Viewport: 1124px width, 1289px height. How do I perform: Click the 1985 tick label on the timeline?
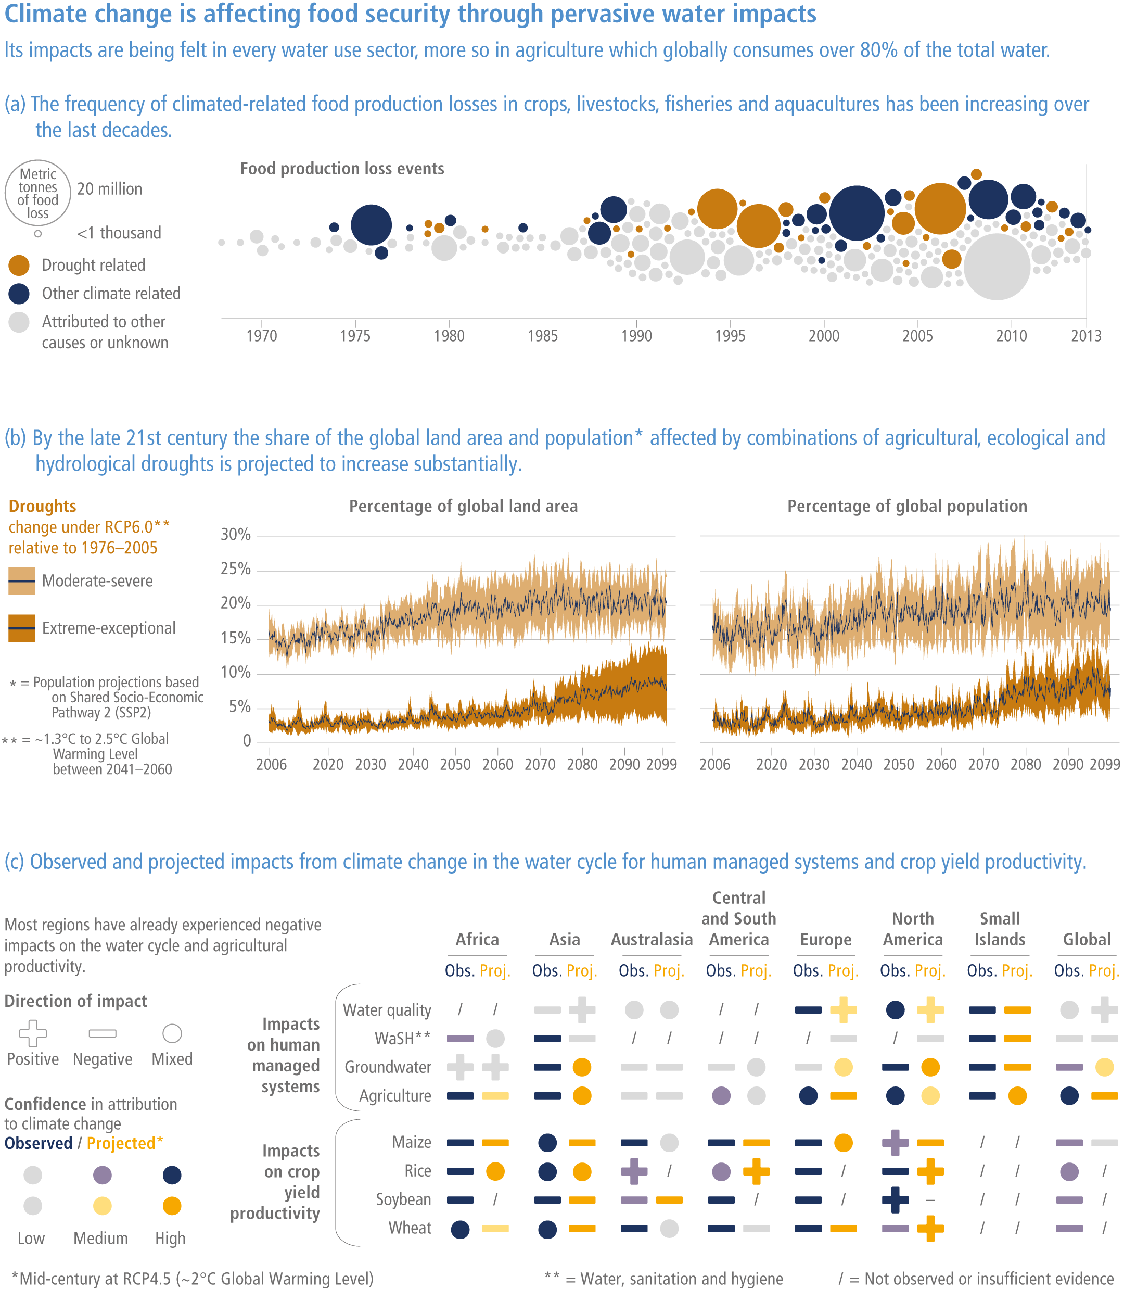tap(543, 336)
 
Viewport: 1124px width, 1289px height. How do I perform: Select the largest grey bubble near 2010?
tap(997, 267)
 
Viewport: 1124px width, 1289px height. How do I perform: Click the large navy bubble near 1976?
tap(372, 225)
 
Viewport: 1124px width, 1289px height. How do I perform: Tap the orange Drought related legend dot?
tap(19, 266)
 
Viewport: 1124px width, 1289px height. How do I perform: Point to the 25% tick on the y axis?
tap(236, 569)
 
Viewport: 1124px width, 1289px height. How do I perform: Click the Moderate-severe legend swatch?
tap(21, 581)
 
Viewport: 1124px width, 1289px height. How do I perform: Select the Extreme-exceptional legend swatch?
tap(21, 628)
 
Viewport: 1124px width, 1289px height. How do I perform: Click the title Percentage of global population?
tap(907, 507)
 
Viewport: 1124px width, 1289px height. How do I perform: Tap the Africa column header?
tap(477, 940)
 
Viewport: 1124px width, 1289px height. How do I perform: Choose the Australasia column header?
tap(652, 940)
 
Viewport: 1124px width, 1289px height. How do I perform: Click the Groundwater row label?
tap(388, 1067)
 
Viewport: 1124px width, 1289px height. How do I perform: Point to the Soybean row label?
tap(403, 1199)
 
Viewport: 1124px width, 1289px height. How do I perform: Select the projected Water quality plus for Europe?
tap(843, 1010)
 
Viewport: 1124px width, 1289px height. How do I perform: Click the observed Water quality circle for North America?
tap(895, 1010)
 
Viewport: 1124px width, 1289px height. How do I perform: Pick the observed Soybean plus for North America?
tap(895, 1200)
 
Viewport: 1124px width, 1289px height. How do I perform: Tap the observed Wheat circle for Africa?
tap(461, 1229)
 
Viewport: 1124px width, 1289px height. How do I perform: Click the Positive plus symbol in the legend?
tap(33, 1033)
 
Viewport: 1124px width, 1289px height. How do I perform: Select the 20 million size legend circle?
tap(37, 193)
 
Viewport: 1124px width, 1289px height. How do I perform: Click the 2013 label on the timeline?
tap(1085, 336)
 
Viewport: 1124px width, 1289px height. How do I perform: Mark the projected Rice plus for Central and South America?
tap(757, 1171)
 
